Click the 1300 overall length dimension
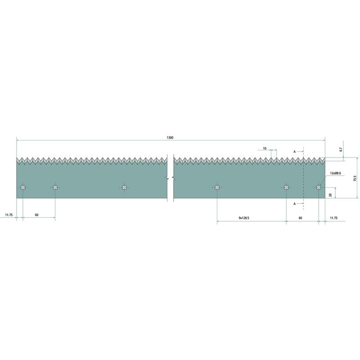tap(170, 138)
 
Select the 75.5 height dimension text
tap(355, 178)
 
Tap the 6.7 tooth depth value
tap(341, 149)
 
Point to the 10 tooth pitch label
tap(265, 148)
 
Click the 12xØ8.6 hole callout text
tap(335, 173)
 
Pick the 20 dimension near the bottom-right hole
tap(330, 195)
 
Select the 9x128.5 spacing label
tap(244, 218)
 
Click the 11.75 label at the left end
tap(9, 215)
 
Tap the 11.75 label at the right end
tap(334, 218)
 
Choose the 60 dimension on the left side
tap(37, 215)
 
